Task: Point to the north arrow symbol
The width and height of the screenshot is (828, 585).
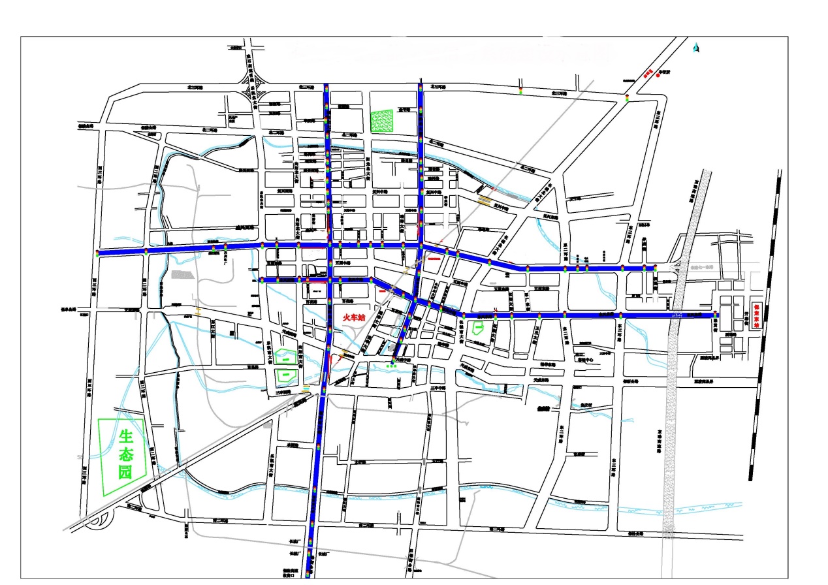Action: click(696, 48)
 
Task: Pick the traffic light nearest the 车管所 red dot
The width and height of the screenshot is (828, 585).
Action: click(626, 99)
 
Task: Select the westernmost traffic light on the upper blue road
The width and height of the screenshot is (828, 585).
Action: click(97, 253)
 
